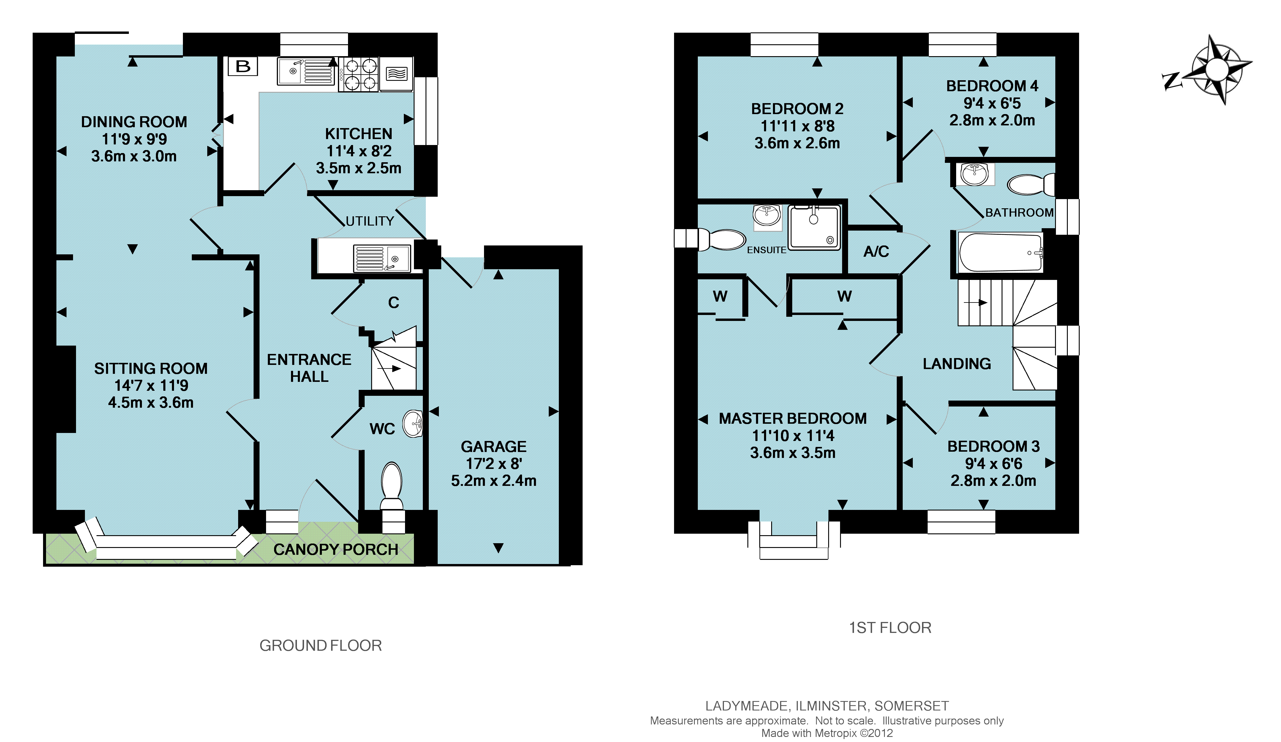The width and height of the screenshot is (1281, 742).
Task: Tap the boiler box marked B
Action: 243,66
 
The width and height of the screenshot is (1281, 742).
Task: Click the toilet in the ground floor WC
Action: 391,486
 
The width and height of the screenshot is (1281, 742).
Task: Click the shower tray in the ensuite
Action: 814,227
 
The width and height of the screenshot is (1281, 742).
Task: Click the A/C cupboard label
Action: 876,251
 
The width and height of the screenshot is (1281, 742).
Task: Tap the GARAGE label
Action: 494,447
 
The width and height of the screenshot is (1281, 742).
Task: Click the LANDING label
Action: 957,364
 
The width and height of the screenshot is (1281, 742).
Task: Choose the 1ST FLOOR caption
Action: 890,628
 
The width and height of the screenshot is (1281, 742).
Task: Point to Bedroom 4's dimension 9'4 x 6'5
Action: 992,103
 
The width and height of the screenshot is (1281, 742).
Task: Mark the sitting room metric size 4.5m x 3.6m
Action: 151,402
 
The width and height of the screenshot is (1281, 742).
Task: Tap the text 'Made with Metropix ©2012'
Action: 827,733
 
